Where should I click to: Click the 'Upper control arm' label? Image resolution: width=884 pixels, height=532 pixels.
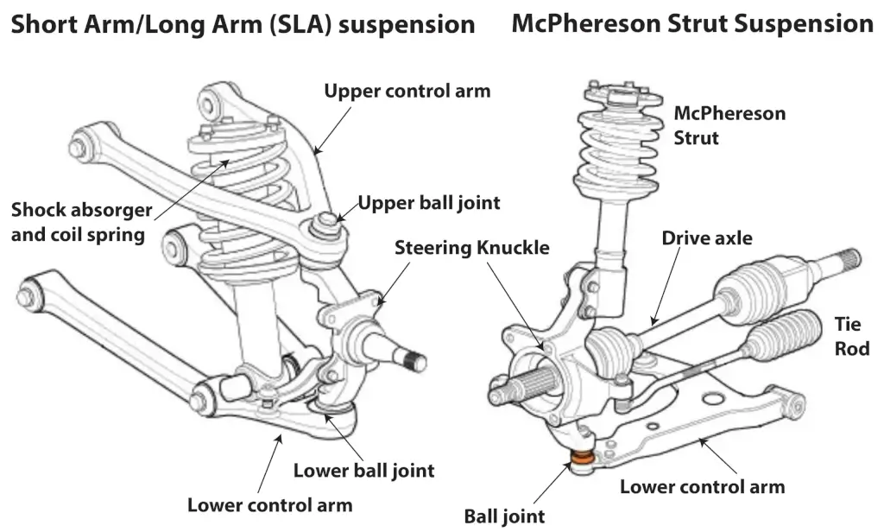point(407,91)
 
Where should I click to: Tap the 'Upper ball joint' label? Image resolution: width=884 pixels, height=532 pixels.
point(429,203)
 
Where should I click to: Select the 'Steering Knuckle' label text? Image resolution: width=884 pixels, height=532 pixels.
point(471,248)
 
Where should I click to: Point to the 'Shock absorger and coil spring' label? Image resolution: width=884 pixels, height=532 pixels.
point(81,222)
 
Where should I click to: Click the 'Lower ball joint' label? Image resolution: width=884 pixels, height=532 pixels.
point(363,471)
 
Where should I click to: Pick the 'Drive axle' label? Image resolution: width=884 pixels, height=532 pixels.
point(707,237)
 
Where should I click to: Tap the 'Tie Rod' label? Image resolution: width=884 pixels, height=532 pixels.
point(851,337)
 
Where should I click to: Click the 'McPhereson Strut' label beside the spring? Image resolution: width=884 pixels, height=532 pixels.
point(717,125)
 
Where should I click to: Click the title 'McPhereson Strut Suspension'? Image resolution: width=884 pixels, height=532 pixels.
point(692,23)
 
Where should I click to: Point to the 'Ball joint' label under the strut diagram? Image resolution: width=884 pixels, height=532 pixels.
point(504,516)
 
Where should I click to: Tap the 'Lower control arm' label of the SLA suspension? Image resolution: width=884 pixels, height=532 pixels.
point(269,503)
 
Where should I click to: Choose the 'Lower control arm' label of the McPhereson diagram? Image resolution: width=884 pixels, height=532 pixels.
point(702,486)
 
